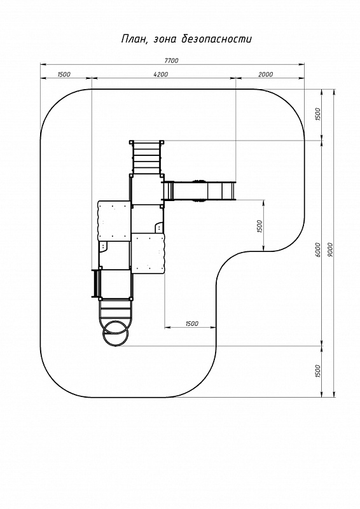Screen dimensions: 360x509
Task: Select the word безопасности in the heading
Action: click(217, 39)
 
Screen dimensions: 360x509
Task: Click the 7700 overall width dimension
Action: click(171, 60)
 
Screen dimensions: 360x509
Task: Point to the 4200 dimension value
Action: click(161, 74)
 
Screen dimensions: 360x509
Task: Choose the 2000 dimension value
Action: click(265, 74)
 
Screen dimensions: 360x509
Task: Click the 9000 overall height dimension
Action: click(331, 249)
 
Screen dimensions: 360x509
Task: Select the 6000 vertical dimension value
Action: click(318, 249)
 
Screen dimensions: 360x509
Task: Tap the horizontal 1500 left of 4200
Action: click(64, 74)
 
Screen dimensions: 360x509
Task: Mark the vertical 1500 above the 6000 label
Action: click(318, 115)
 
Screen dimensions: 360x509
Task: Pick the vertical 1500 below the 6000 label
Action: click(318, 371)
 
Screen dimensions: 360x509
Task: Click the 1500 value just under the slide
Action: click(259, 227)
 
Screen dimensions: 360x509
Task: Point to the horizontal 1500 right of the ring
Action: click(191, 323)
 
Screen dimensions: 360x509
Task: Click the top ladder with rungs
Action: click(147, 158)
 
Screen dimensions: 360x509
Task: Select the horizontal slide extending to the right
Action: click(199, 190)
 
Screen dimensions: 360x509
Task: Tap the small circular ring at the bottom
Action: click(116, 333)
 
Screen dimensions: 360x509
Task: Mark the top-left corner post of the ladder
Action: click(131, 142)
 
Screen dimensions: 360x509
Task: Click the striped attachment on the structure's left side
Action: click(95, 283)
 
